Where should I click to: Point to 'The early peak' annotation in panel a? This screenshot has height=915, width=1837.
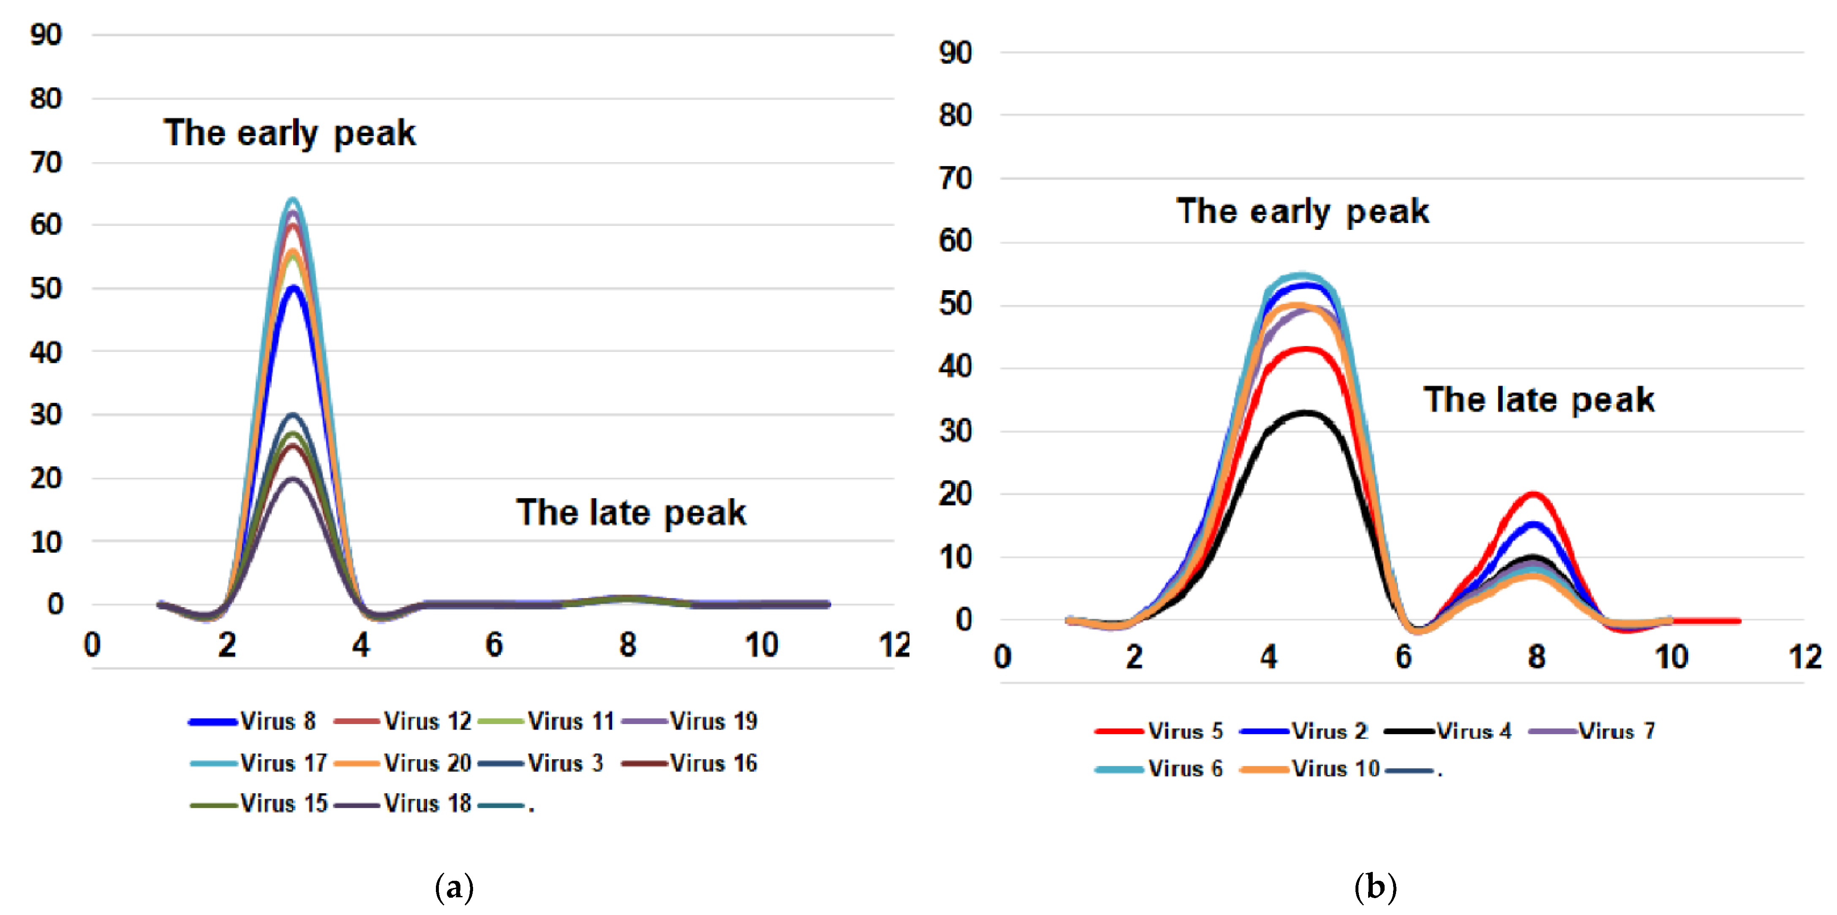(289, 133)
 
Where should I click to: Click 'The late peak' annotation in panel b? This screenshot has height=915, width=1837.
(1538, 399)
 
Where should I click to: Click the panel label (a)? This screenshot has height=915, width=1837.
(454, 887)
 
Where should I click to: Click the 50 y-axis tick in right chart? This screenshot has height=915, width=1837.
(955, 305)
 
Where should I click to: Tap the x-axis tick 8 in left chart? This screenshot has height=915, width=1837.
(628, 645)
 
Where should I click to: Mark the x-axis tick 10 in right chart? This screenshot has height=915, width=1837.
(1671, 657)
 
